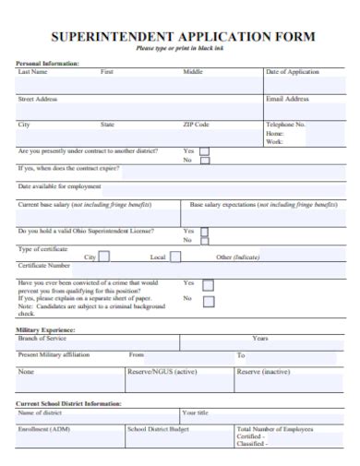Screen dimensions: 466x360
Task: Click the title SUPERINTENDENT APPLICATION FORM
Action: [182, 37]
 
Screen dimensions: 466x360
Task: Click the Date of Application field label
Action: [293, 71]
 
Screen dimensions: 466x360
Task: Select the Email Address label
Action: [287, 99]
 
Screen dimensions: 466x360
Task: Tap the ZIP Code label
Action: [196, 125]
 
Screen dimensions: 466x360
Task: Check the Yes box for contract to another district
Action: [205, 151]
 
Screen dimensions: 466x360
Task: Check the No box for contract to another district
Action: [205, 161]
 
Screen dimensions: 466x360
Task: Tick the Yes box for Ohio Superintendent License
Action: [205, 232]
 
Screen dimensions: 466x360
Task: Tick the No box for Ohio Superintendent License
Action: [205, 241]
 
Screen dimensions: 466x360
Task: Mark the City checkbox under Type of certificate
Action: [103, 257]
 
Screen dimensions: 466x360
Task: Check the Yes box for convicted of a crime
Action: [209, 285]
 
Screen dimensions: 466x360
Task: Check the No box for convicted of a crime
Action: [209, 301]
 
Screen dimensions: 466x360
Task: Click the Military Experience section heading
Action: [46, 329]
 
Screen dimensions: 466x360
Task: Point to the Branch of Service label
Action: [42, 339]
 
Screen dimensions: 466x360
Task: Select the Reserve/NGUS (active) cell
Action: [162, 372]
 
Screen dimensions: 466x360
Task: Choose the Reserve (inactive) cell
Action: [263, 372]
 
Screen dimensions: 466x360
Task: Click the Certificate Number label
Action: [45, 266]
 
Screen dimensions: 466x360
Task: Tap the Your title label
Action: [196, 412]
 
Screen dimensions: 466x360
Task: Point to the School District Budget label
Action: [158, 429]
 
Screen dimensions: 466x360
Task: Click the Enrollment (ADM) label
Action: [44, 429]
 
